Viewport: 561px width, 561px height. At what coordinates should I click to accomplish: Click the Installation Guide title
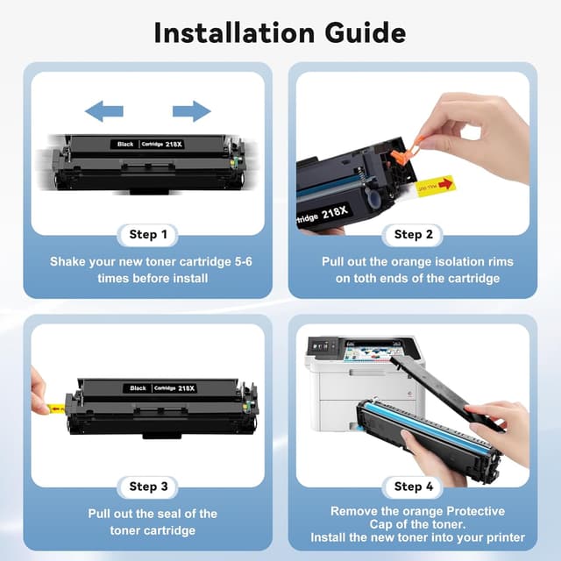click(x=280, y=32)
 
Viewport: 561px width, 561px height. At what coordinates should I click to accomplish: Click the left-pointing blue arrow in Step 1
click(x=104, y=110)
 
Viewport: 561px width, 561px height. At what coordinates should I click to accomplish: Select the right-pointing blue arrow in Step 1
click(x=191, y=110)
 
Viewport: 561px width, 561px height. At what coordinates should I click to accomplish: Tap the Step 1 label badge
click(x=147, y=234)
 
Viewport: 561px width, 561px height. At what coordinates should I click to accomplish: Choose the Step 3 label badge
click(x=147, y=486)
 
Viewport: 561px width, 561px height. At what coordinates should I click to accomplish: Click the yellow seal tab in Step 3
click(x=54, y=407)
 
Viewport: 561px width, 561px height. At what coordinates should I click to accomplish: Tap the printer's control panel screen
click(x=320, y=345)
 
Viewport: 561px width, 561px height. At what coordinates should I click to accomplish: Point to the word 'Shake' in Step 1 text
click(x=69, y=261)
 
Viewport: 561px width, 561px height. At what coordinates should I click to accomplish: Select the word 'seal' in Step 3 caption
click(x=176, y=514)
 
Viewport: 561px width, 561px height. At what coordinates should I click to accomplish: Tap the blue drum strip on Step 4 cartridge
click(x=422, y=427)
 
